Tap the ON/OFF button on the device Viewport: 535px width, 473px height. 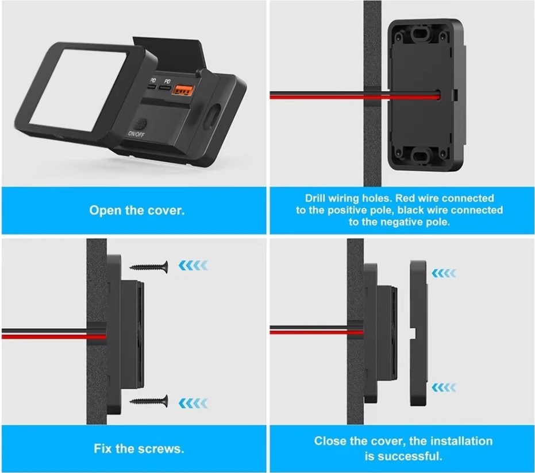141,123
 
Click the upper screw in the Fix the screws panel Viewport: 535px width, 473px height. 149,266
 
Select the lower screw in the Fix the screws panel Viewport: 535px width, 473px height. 149,401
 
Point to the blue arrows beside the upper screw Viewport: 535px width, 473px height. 193,265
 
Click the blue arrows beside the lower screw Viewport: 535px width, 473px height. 193,403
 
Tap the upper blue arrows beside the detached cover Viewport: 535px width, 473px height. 444,273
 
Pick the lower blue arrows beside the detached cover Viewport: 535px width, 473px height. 444,387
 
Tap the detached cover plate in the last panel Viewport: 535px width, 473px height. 418,333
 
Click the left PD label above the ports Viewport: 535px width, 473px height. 153,80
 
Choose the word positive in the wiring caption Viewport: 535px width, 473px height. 345,210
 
